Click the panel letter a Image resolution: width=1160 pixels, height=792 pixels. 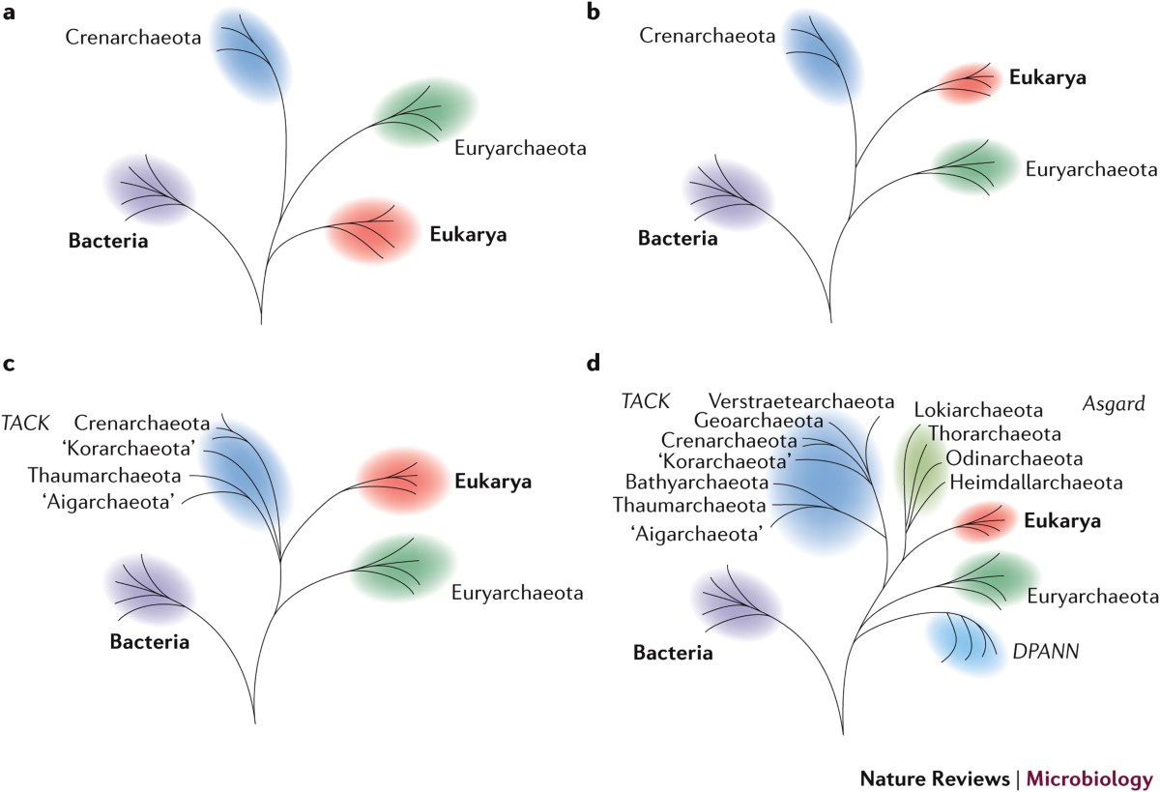point(9,14)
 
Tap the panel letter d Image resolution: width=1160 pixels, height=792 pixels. point(594,364)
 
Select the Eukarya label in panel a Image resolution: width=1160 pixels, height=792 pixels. point(468,233)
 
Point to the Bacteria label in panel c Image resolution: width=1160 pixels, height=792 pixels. point(149,640)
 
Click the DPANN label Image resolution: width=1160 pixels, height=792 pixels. point(1046,654)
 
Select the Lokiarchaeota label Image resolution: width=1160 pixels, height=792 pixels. point(977,410)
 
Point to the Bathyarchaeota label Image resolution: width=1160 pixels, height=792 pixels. point(697,482)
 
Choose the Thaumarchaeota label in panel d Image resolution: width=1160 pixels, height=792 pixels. point(689,504)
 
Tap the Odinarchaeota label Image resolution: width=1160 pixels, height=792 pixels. point(1013,457)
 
